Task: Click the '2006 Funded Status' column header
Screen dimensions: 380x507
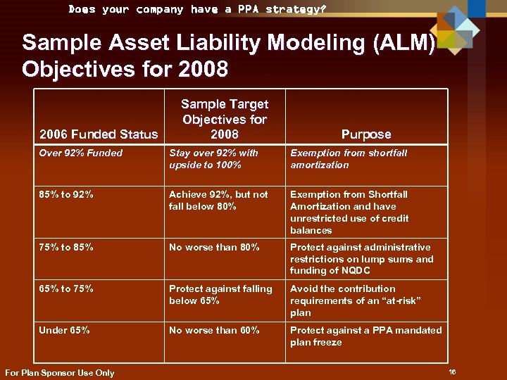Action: click(x=99, y=134)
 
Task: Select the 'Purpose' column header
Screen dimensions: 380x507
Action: click(x=366, y=134)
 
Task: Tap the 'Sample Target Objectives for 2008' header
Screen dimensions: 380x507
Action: click(x=225, y=119)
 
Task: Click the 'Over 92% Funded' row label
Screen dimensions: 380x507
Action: click(x=81, y=153)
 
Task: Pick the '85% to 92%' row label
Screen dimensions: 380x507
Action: click(x=66, y=194)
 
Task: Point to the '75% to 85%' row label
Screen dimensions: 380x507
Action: click(x=66, y=247)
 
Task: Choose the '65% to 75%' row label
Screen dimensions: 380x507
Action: click(x=66, y=289)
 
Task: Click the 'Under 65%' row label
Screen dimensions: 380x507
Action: click(x=64, y=330)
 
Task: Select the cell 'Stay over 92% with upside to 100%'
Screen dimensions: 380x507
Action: click(x=213, y=159)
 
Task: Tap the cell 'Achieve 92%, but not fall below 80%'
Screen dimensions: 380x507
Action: click(x=218, y=201)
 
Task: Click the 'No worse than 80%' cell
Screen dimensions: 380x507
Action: click(x=214, y=247)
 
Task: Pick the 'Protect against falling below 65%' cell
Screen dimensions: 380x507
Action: click(x=220, y=295)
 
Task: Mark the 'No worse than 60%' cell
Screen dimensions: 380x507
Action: click(x=214, y=330)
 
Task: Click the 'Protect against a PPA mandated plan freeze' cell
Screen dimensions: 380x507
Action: click(x=365, y=336)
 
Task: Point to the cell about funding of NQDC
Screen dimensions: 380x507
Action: click(x=361, y=259)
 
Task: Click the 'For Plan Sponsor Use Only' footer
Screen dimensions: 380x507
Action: click(x=59, y=373)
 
